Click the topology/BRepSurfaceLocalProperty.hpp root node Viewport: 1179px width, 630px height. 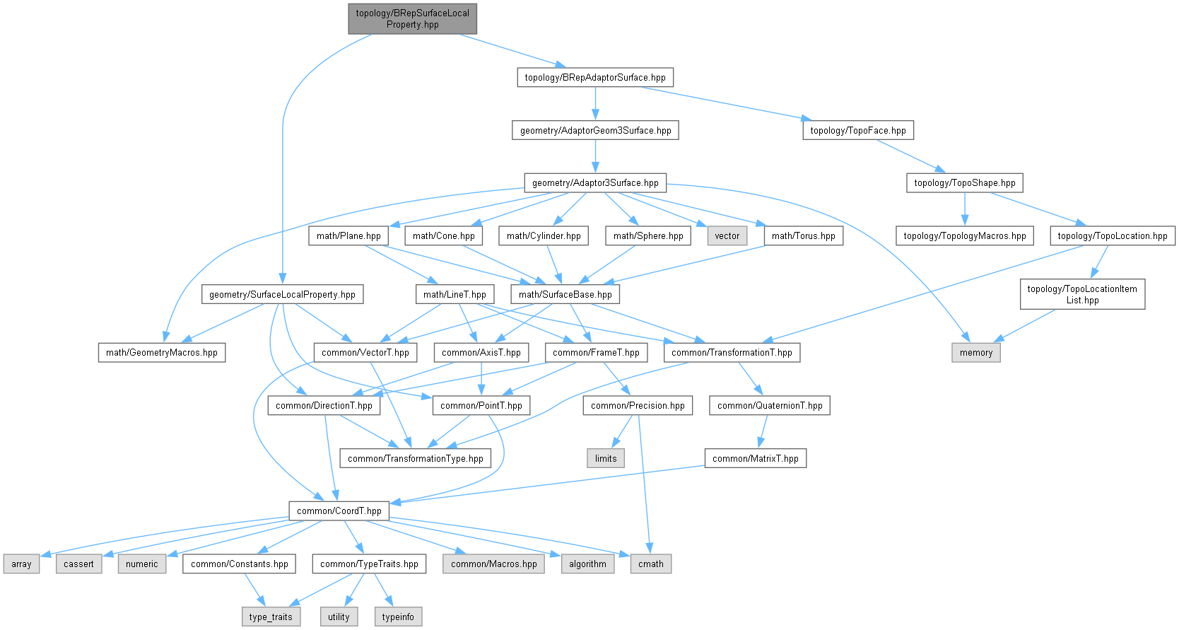[412, 19]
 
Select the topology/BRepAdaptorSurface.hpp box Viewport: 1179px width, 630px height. [594, 78]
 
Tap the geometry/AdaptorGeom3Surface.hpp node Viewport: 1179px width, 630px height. [595, 130]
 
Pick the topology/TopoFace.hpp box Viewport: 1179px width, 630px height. [857, 130]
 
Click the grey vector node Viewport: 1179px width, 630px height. [727, 236]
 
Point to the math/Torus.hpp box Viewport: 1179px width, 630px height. [803, 236]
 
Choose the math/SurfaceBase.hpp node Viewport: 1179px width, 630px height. [565, 294]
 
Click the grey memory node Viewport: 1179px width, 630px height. [975, 352]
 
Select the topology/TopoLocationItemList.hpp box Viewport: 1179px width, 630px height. [1081, 294]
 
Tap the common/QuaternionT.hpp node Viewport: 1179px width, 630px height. [769, 405]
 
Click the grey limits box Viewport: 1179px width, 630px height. [605, 458]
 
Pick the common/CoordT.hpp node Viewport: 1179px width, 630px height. [339, 511]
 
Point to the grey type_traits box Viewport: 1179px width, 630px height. [271, 617]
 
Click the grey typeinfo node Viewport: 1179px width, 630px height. [398, 617]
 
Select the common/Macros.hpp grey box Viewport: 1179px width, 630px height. [493, 564]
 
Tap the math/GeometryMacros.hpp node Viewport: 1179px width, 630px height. [161, 352]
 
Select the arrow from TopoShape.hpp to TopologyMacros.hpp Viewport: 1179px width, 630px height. [964, 209]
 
